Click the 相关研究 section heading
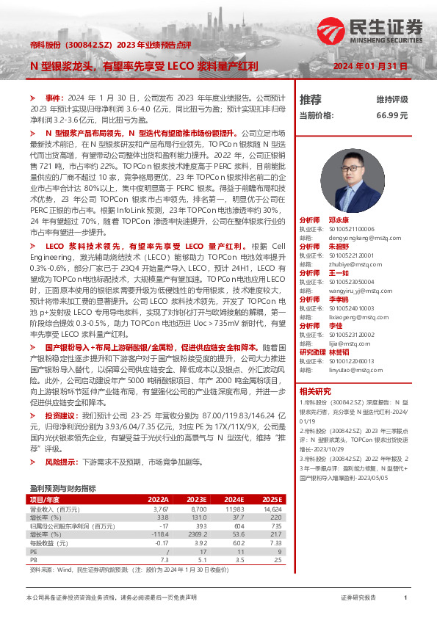(315, 391)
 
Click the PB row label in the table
(33, 560)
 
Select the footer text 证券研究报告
(358, 598)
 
